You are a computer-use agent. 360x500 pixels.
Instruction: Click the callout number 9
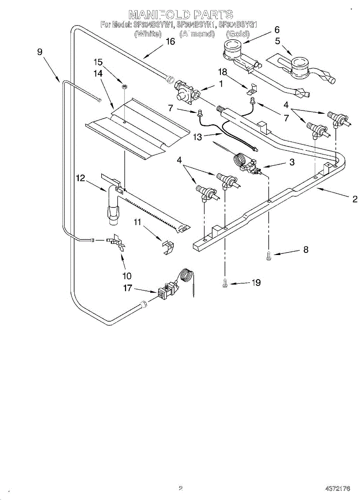(40, 52)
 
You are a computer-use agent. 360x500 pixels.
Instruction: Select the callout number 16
(170, 42)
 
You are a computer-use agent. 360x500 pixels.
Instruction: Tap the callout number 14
(98, 73)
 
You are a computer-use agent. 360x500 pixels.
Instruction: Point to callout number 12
(80, 178)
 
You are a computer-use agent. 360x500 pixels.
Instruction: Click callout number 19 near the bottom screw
(256, 282)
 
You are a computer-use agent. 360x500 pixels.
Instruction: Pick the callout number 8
(305, 250)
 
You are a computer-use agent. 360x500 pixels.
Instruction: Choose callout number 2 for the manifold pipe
(355, 199)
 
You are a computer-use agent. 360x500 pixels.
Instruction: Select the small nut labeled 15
(124, 86)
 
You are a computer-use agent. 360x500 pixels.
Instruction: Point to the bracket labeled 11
(167, 247)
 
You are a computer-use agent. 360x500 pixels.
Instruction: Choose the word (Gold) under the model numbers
(237, 34)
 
